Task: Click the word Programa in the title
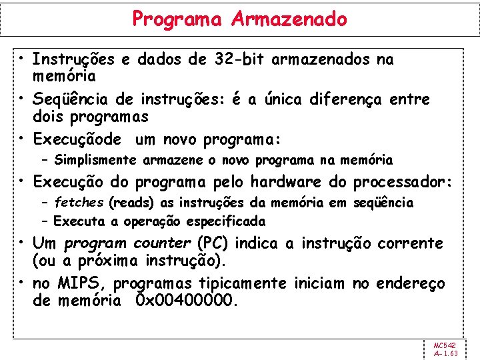[x=177, y=19]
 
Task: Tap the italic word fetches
[x=79, y=202]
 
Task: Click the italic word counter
[x=161, y=243]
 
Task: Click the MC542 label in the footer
[x=444, y=345]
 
